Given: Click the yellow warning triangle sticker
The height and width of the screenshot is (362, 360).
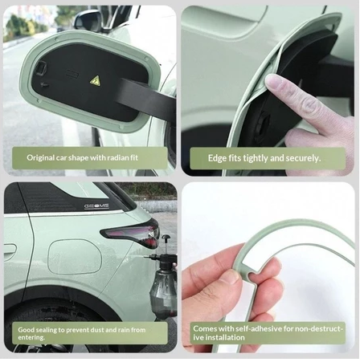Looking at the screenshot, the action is click(x=95, y=80).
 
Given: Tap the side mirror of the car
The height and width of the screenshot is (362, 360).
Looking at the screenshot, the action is click(x=88, y=20).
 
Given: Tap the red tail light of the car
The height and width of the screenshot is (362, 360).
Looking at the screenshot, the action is click(x=130, y=234).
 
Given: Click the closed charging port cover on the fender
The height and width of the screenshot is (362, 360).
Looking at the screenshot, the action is click(x=75, y=256).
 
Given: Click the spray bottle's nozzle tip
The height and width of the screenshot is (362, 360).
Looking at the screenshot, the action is click(x=145, y=257).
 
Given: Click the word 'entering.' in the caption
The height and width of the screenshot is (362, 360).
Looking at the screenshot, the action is click(x=31, y=337).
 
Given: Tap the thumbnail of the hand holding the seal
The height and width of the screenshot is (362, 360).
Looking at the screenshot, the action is click(x=228, y=277).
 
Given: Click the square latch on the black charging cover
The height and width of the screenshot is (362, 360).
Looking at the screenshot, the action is click(x=42, y=67).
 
